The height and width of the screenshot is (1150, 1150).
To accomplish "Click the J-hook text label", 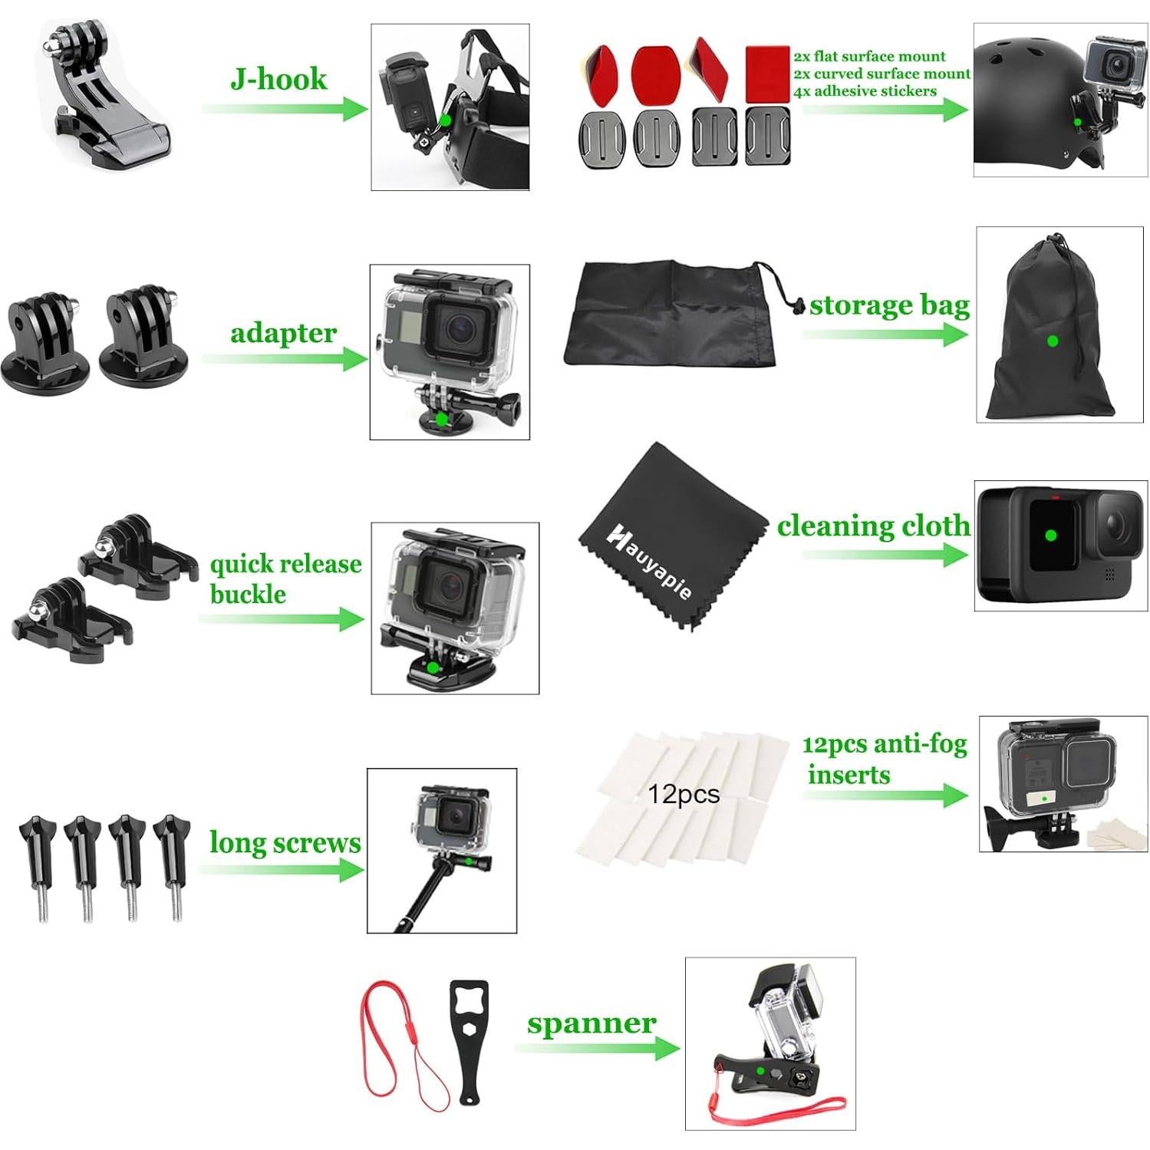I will coord(278,79).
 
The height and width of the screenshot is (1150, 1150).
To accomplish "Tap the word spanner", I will coord(591,1023).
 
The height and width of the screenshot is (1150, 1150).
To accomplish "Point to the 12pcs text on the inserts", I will coord(684,794).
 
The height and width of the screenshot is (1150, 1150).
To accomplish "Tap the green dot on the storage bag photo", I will coord(1053,341).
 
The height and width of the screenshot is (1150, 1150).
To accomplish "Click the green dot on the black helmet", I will coord(1077,122).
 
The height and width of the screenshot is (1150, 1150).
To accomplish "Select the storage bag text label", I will coord(889,305).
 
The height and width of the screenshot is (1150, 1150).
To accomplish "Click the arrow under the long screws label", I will coord(281,870).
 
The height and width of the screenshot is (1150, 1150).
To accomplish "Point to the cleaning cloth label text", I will coord(873,526).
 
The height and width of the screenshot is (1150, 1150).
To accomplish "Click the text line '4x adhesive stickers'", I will coord(865,91).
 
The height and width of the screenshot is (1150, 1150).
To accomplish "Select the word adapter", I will coord(283,333).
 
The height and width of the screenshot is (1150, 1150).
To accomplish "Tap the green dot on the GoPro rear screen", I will coord(1051,535).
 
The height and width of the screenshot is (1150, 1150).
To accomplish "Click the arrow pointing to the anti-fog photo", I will coord(885,796).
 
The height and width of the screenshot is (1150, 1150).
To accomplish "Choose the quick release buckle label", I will coord(285,578).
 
